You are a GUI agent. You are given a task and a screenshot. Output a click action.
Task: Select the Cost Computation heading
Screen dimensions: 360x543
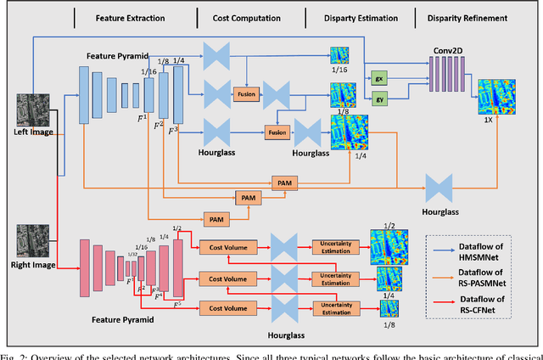(246, 17)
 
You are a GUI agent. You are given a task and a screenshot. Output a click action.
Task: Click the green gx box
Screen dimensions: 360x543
(378, 76)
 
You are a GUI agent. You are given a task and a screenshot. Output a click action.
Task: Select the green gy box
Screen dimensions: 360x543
(378, 99)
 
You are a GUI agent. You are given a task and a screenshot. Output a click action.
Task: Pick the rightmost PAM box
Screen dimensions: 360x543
(283, 183)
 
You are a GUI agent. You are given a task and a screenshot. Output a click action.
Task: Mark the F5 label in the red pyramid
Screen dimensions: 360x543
(176, 304)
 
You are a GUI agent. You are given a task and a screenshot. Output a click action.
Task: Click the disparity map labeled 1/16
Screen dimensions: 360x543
(339, 56)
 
